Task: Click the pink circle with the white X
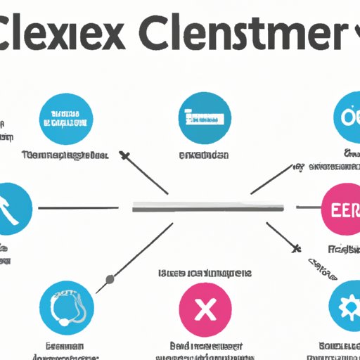[205, 307]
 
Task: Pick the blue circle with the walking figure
[11, 208]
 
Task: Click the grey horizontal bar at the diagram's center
[208, 207]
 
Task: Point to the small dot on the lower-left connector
[110, 281]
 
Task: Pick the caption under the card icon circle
[205, 154]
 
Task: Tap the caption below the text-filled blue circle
[65, 154]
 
